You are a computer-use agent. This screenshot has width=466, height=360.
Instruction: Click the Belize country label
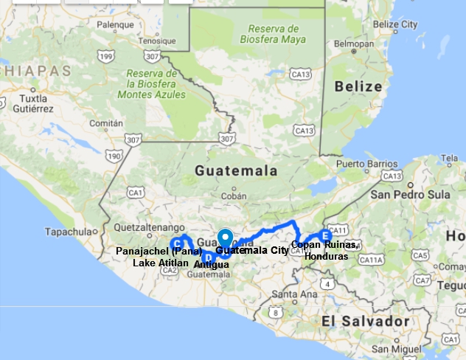coord(359,86)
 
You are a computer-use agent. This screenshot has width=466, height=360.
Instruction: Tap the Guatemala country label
coord(236,170)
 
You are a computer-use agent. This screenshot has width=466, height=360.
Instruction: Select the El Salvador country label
coord(365,322)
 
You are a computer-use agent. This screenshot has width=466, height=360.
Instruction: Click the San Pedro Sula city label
coord(410,195)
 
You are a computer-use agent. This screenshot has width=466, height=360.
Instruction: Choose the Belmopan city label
coord(349,44)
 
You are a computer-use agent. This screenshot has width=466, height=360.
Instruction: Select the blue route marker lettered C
coord(177,244)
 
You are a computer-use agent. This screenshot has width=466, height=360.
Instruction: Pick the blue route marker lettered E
coord(325,236)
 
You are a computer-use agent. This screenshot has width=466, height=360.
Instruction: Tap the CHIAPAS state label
coord(37,71)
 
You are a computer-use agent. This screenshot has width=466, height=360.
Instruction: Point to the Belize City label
coord(395,24)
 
